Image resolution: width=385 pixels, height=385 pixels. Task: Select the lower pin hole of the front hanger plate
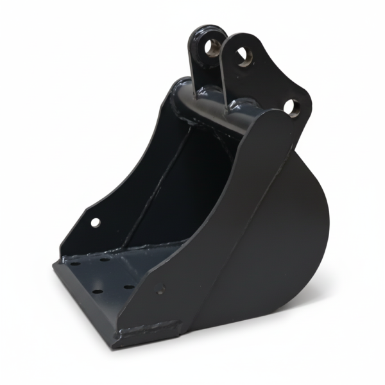pos(292,107)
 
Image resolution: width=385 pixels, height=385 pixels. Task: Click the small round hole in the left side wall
pos(95,223)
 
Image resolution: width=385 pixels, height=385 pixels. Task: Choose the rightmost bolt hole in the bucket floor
pos(128,288)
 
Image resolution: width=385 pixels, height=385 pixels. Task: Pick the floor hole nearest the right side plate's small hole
pos(128,288)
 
